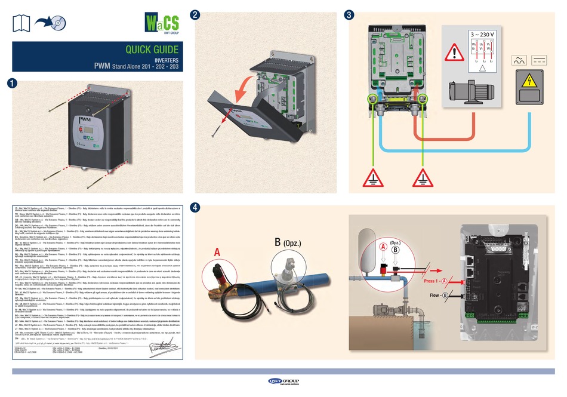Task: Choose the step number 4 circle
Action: [194, 207]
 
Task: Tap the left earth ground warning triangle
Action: [373, 177]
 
